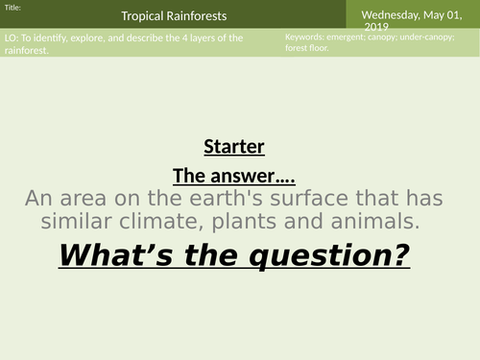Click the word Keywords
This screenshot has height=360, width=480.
(x=305, y=36)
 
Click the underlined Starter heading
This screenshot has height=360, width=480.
(x=233, y=147)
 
